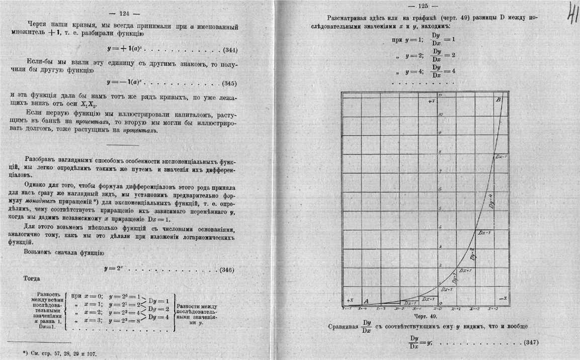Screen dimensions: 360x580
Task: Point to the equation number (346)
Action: pyautogui.click(x=227, y=270)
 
